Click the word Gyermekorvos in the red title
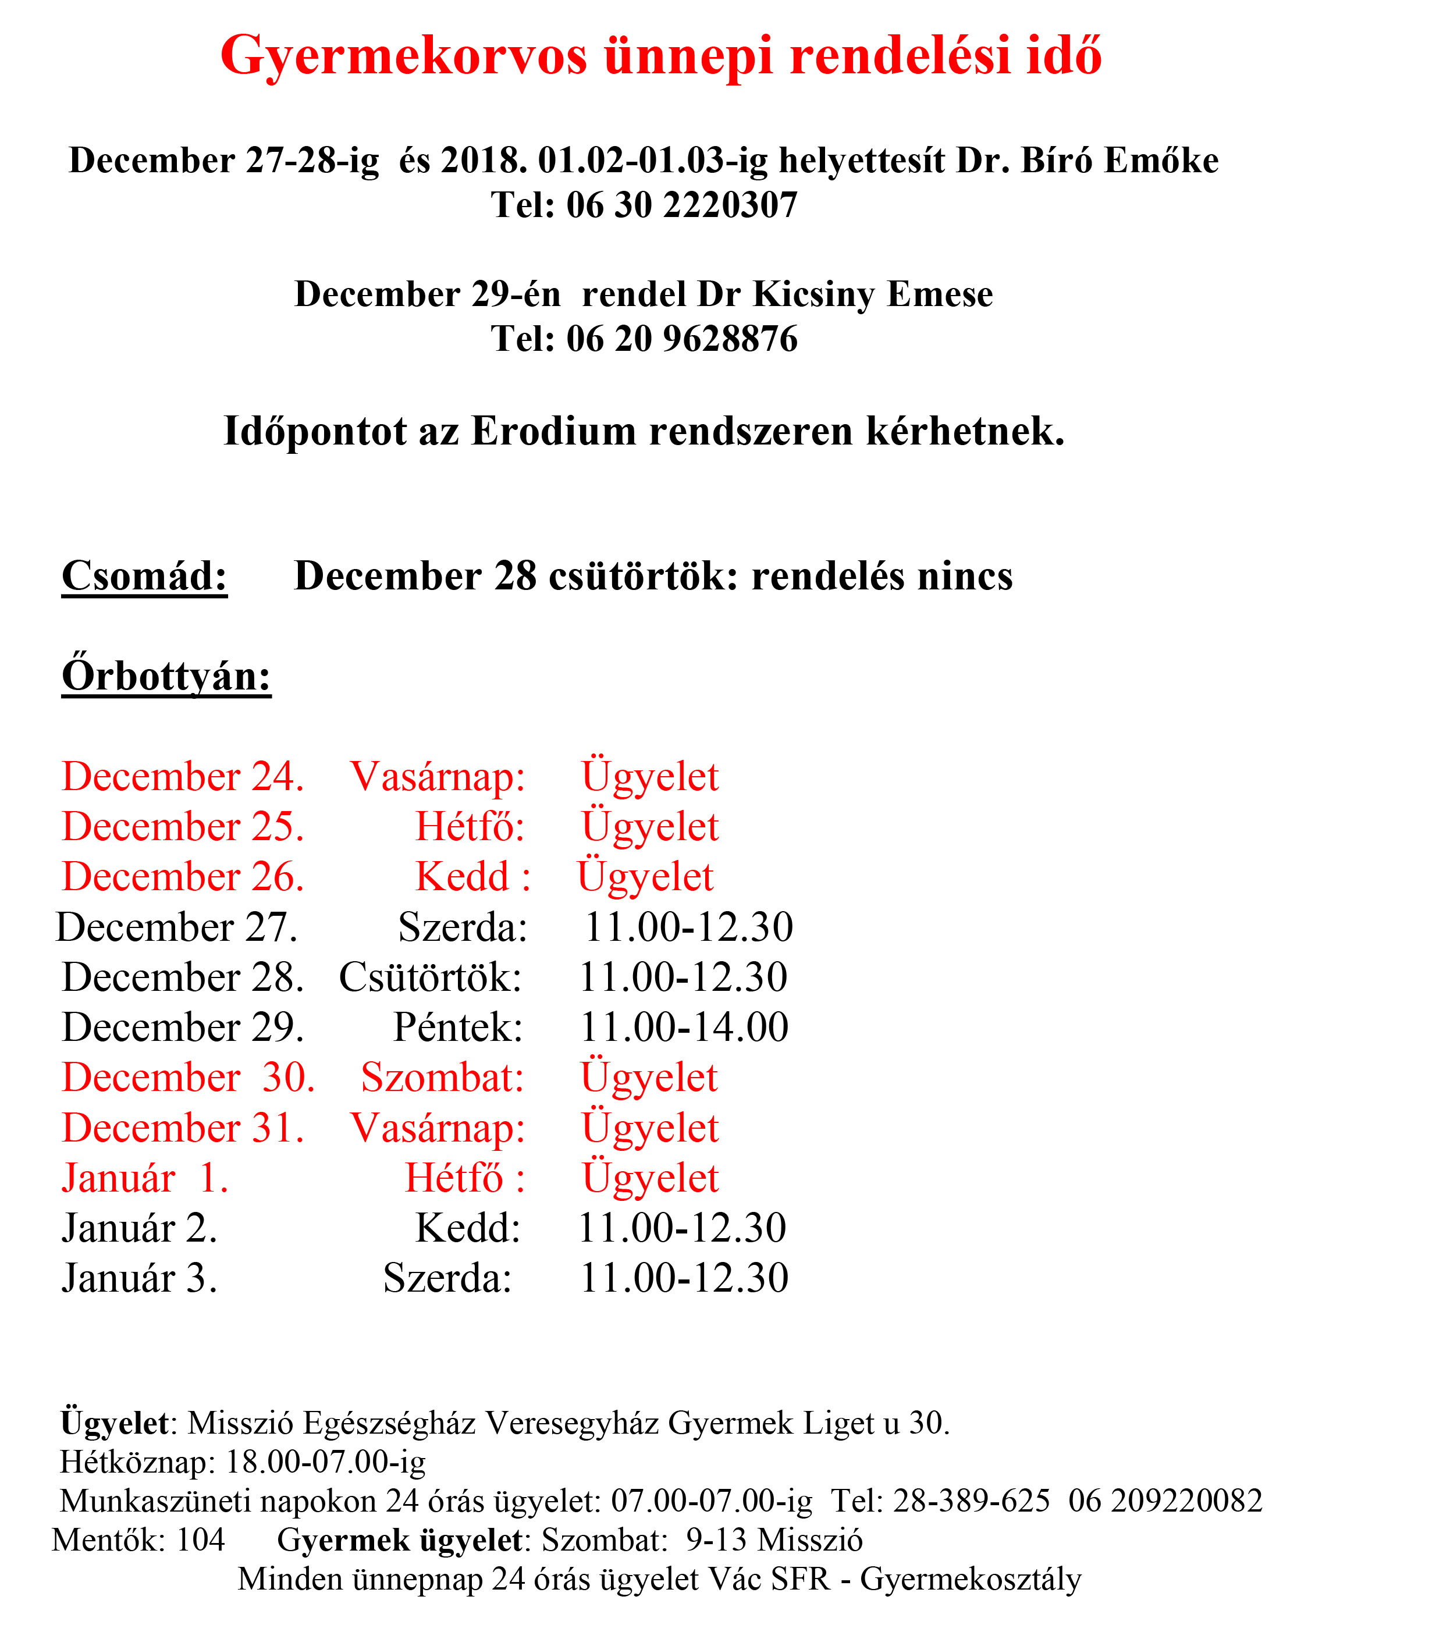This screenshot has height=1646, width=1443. pos(403,56)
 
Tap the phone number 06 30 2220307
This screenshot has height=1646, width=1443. pos(681,205)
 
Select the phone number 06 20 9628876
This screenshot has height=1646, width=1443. pos(681,339)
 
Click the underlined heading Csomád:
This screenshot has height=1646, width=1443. pos(144,577)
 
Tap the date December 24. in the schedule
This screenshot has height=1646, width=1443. pos(183,777)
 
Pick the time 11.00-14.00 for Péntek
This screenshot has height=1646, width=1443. pos(684,1028)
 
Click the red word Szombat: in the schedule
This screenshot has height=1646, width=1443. pos(442,1078)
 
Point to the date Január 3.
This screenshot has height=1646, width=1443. pos(139,1279)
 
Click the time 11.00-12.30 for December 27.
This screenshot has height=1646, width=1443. pos(688,927)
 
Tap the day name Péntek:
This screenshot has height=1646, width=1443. pos(457,1028)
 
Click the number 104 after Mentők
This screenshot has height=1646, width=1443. pos(200,1541)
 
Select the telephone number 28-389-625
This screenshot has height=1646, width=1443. pos(971,1501)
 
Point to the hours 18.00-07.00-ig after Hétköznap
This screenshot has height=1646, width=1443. pos(325,1462)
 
